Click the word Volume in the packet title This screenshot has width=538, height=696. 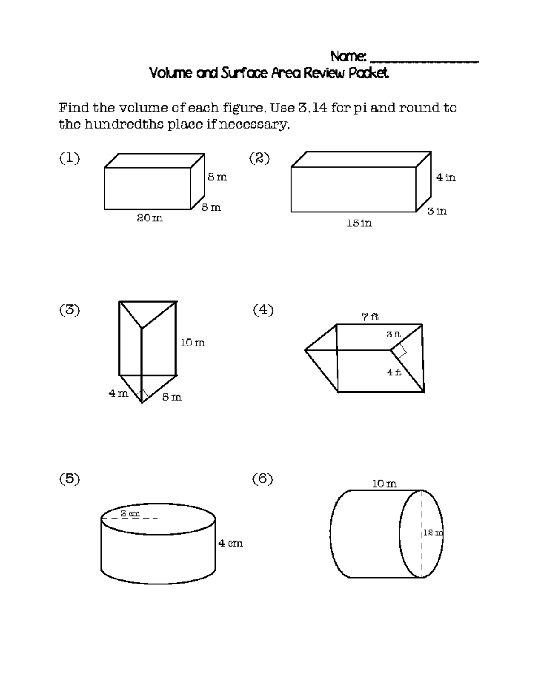click(170, 73)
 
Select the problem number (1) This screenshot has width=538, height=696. click(69, 158)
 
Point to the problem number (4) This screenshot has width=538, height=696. click(263, 310)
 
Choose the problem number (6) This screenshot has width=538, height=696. click(263, 479)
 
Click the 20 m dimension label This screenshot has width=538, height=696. click(149, 218)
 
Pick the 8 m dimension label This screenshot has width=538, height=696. click(217, 177)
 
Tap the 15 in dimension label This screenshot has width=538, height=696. click(359, 223)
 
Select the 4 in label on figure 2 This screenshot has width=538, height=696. click(446, 177)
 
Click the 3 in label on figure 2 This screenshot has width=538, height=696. click(437, 211)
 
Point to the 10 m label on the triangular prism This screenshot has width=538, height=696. click(192, 343)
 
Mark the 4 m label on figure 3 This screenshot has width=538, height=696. click(118, 393)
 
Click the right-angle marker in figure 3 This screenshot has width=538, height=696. click(142, 395)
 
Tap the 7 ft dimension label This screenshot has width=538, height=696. click(370, 317)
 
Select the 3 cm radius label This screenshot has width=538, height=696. click(130, 514)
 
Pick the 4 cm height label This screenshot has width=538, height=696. click(230, 544)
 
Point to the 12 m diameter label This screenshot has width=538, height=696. click(433, 533)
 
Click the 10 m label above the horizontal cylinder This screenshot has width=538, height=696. click(384, 484)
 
